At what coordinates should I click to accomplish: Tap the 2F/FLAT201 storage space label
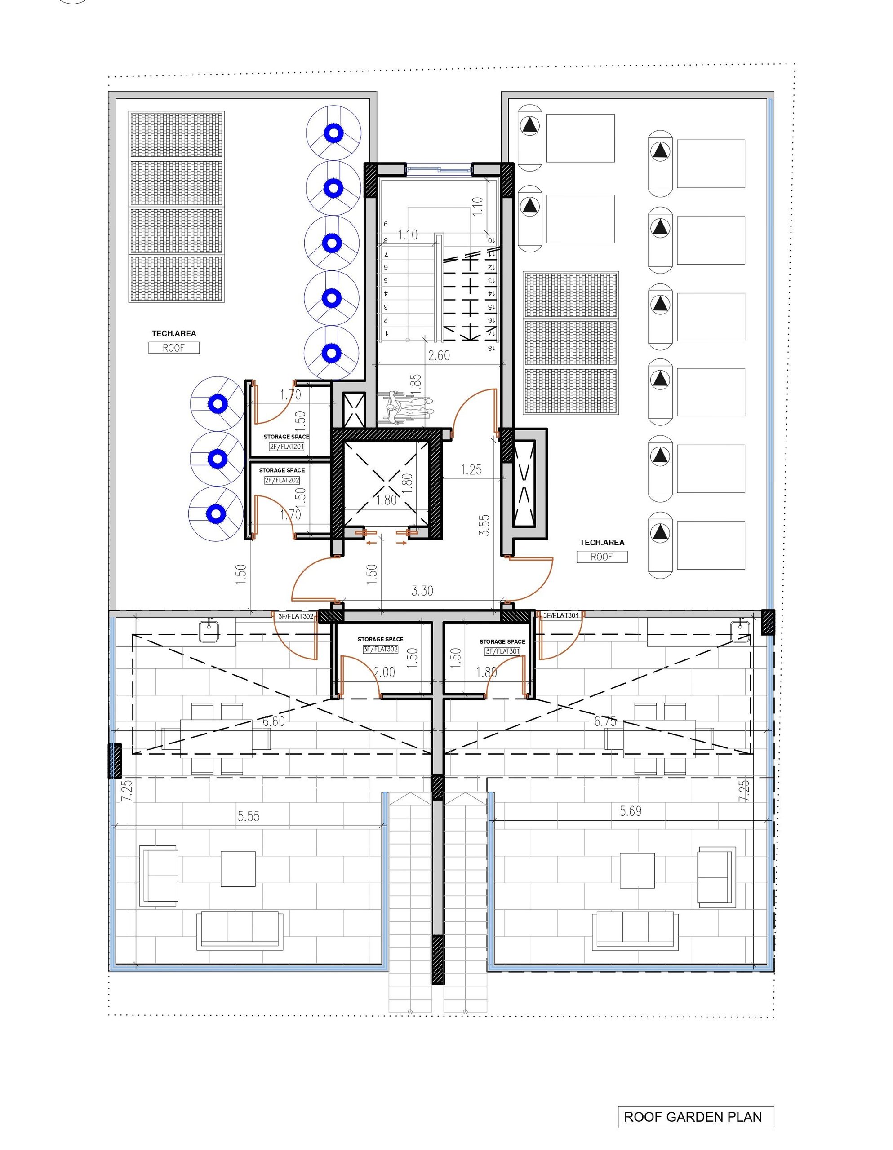pos(286,447)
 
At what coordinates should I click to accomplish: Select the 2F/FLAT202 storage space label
pos(282,480)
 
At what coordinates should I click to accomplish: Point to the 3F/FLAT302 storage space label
pos(380,649)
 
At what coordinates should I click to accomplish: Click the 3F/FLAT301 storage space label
pos(502,651)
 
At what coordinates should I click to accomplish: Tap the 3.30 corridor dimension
pos(422,591)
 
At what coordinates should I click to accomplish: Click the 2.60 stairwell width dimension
pos(439,355)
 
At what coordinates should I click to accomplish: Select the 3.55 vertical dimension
pos(484,525)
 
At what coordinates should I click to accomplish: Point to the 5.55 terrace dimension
pos(248,816)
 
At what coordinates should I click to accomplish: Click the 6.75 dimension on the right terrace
pos(605,721)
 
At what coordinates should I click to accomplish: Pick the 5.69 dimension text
pos(630,811)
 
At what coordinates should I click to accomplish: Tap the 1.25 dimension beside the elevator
pos(471,470)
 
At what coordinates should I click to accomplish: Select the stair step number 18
pos(491,348)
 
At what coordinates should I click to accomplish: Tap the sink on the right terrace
pos(740,630)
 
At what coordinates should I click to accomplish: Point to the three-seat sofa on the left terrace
pos(240,931)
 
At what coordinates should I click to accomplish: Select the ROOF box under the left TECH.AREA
pos(174,348)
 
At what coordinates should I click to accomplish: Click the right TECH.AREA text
pos(602,542)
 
